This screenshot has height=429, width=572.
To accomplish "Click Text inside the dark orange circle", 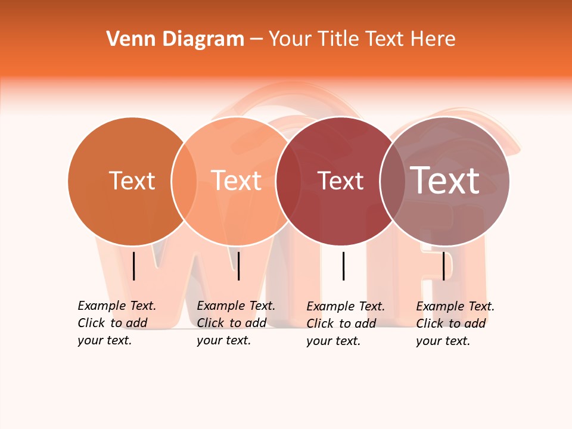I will [x=132, y=181].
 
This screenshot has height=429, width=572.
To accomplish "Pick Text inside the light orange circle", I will [x=237, y=181].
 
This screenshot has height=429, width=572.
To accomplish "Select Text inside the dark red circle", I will [x=341, y=181].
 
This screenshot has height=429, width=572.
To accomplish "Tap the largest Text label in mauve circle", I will [x=445, y=181].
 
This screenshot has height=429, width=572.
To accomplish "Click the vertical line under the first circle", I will [x=134, y=266].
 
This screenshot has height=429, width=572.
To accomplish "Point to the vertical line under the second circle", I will [x=238, y=266].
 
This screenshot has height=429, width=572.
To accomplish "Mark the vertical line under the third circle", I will [x=344, y=266].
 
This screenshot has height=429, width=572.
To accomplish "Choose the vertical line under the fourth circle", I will [x=443, y=266].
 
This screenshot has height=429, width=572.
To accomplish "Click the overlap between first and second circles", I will [x=184, y=181].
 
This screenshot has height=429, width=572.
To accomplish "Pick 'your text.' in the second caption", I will [x=223, y=340].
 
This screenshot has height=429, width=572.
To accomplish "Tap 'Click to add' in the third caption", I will [x=341, y=324].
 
